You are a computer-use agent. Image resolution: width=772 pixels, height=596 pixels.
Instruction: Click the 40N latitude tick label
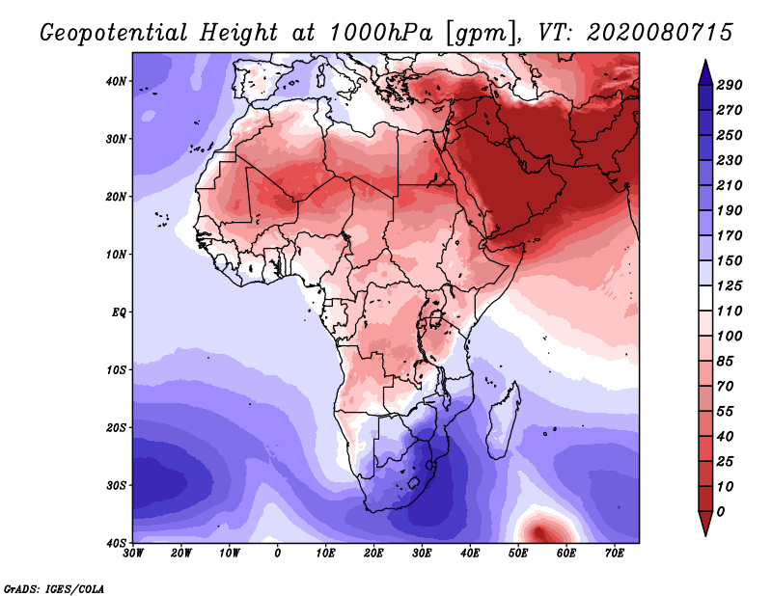pos(116,81)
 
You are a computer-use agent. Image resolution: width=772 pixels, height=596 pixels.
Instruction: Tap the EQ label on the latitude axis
pos(119,312)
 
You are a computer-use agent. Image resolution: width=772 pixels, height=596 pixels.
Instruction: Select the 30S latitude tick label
pos(116,486)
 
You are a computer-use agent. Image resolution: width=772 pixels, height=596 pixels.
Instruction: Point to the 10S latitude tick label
pos(116,370)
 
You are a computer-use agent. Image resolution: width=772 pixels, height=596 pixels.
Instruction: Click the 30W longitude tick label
pos(133,554)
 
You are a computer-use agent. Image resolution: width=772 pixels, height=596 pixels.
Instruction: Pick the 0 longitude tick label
pos(278,554)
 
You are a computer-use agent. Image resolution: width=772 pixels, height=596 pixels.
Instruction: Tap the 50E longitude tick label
pos(518,554)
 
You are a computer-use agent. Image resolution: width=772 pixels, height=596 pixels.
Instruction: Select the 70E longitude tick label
pos(615,554)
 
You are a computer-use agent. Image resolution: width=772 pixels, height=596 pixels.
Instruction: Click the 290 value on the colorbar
pos(730,85)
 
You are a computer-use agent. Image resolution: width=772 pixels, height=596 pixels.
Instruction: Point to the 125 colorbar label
pos(730,285)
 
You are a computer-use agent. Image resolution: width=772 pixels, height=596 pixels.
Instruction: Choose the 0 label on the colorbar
pos(721,512)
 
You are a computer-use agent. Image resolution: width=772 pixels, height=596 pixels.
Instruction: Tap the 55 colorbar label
pos(726,412)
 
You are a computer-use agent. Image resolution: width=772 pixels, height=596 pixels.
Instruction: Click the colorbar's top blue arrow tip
pos(705,60)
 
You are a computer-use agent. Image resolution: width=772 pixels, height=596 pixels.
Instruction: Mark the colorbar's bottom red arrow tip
pos(705,535)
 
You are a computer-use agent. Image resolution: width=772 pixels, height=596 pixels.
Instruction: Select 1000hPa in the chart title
pos(380,33)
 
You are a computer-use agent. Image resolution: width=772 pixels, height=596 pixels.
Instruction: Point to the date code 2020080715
pos(660,33)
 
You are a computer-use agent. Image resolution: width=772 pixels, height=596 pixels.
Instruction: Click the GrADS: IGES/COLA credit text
pos(54,589)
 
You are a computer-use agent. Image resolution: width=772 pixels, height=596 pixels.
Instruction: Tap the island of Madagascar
pos(503,420)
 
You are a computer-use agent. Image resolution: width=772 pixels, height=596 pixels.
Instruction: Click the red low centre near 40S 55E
pos(539,532)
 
